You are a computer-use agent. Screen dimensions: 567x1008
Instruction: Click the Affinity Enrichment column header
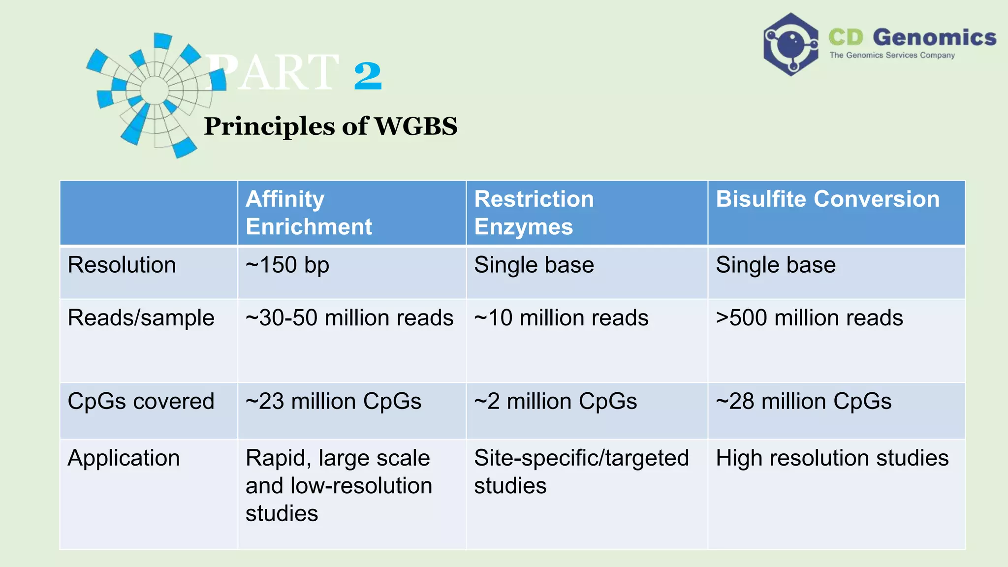coord(309,213)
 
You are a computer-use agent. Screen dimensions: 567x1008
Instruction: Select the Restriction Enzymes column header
coord(534,213)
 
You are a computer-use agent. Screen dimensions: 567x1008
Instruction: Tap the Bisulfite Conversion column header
coord(827,199)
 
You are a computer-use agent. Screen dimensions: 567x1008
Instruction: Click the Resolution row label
coord(122,265)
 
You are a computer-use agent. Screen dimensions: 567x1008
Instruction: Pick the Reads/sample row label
coord(141,318)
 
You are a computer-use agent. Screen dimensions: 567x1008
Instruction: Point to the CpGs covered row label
coord(141,402)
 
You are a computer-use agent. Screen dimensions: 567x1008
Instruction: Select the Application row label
coord(124,458)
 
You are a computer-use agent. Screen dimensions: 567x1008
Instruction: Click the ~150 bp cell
coord(287,265)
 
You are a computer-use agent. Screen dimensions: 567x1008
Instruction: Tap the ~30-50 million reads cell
coord(349,318)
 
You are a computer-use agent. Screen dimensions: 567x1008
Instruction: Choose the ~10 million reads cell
coord(561,318)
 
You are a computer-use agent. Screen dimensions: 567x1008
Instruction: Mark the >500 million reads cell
coord(809,318)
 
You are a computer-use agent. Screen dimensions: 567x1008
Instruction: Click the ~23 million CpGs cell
coord(333,402)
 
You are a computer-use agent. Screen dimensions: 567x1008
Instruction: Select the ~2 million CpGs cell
coord(555,402)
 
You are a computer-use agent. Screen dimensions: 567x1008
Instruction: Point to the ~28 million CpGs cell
coord(803,402)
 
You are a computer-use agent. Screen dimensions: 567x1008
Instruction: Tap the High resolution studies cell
coord(832,458)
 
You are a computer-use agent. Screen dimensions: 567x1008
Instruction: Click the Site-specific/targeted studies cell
coord(581,472)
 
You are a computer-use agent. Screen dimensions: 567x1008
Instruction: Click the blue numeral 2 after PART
coord(368,76)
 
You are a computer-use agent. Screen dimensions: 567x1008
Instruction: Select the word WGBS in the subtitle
coord(416,126)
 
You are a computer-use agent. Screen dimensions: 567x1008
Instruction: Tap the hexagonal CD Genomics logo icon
coord(790,44)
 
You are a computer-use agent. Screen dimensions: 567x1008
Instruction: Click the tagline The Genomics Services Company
coord(892,55)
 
